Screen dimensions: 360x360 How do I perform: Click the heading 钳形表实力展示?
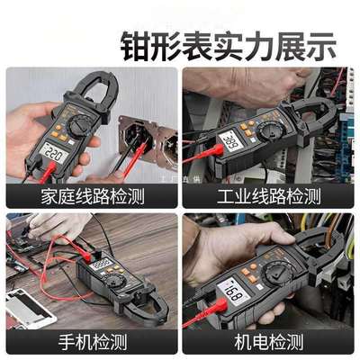[229, 42]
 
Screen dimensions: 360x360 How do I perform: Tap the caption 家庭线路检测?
[91, 195]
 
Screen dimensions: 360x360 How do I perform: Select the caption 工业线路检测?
[269, 195]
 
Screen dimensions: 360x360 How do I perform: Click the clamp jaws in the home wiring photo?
[99, 90]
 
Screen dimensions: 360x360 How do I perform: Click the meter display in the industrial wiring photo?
[229, 141]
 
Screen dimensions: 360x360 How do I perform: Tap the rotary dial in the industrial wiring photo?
[268, 131]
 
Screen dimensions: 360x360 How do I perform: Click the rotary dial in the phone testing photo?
[115, 281]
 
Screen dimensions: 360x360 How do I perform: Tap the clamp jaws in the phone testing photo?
[149, 306]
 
